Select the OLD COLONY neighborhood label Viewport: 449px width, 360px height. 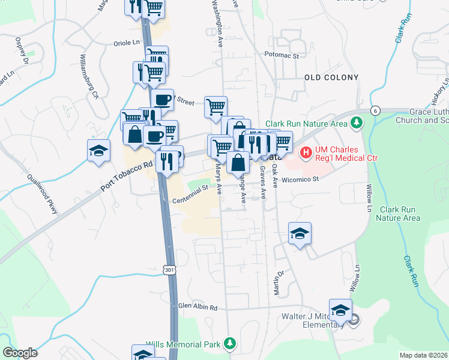click(x=331, y=77)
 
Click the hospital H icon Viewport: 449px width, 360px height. click(x=306, y=154)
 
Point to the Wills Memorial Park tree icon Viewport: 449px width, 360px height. click(x=229, y=343)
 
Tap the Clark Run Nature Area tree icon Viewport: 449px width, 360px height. click(x=357, y=123)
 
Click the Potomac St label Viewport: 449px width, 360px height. click(x=282, y=55)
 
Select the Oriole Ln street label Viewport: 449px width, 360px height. click(x=127, y=43)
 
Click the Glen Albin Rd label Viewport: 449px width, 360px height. click(x=197, y=307)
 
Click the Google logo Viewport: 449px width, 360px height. click(x=20, y=353)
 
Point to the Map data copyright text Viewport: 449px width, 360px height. click(x=423, y=355)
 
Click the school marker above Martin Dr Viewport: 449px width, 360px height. click(x=300, y=233)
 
